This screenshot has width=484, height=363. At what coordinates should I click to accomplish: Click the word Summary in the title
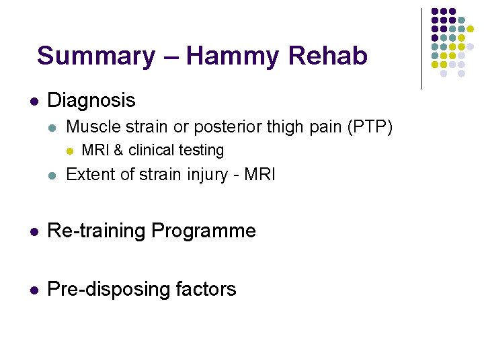(95, 56)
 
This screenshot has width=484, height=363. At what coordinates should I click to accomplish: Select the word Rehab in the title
(333, 56)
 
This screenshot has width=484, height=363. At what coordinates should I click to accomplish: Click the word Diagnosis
(91, 101)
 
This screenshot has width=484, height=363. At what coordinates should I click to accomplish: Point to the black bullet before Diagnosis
(33, 102)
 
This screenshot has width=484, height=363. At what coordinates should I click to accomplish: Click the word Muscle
(91, 126)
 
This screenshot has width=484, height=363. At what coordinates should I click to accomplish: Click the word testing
(201, 151)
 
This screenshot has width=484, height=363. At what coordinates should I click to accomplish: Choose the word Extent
(88, 175)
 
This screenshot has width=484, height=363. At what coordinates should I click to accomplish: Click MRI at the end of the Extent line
(260, 175)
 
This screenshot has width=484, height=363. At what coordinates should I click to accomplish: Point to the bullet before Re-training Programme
(33, 232)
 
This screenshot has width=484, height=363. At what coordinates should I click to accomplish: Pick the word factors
(207, 290)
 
